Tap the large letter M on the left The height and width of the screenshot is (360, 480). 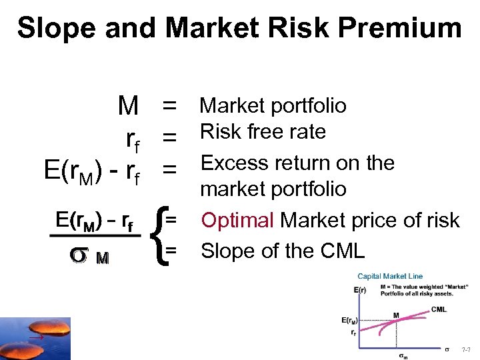pos(127,105)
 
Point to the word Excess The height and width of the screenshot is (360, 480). pos(235,163)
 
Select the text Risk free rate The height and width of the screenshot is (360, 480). pos(263,132)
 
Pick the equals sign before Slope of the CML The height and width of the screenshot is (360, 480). pos(171,250)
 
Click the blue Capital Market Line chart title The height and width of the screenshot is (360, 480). pos(390,276)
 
